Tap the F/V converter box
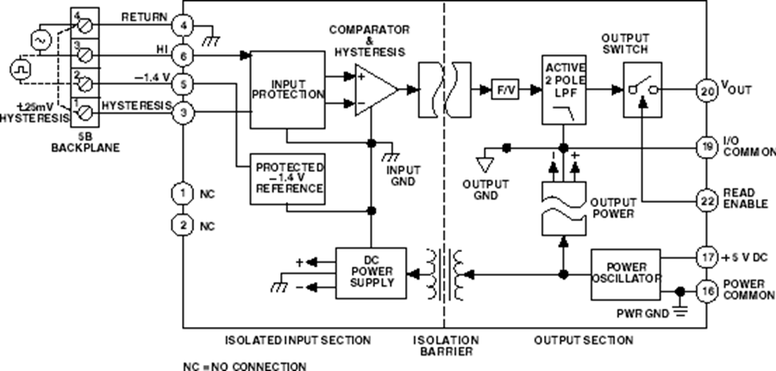(502, 89)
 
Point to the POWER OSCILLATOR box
(625, 273)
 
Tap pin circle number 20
(705, 89)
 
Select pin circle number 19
(705, 148)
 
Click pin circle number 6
(183, 54)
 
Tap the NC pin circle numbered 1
(183, 193)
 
